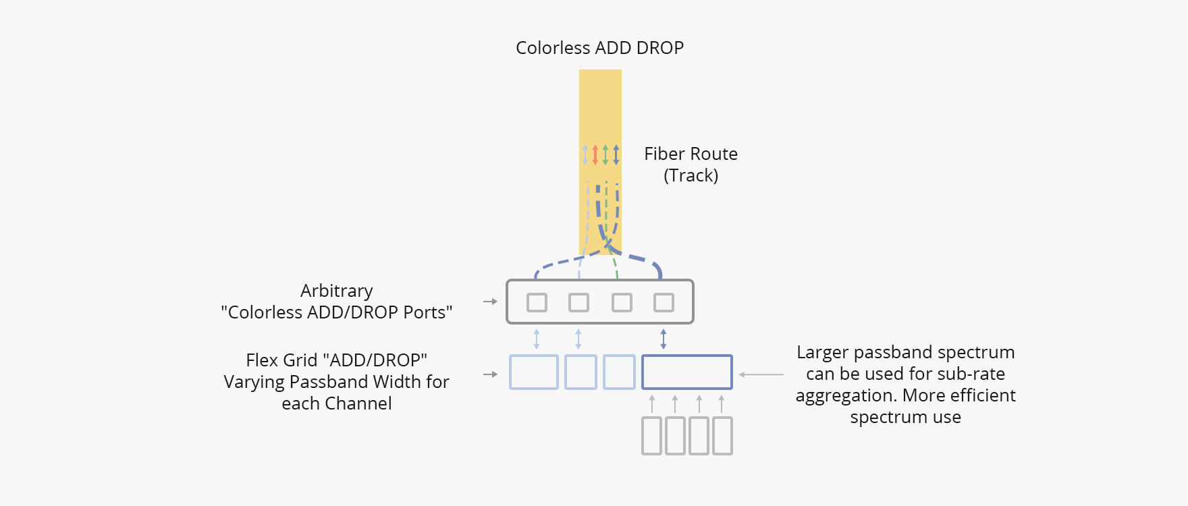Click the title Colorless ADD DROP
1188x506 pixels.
[599, 48]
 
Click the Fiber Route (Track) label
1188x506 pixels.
[691, 165]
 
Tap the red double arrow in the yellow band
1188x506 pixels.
[595, 154]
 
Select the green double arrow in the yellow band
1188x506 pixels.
[605, 154]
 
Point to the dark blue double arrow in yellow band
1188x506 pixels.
[616, 154]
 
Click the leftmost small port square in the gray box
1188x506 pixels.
[537, 302]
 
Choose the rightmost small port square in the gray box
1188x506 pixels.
[664, 302]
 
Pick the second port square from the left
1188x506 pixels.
[578, 302]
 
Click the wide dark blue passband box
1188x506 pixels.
[686, 372]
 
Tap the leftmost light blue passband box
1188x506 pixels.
[533, 372]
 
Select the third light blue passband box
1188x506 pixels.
[619, 372]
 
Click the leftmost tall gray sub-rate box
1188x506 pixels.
[651, 436]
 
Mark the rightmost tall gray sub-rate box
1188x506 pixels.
[722, 436]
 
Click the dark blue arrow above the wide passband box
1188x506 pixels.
[664, 339]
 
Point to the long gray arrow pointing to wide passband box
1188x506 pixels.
[761, 374]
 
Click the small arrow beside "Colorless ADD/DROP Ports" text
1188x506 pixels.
[490, 302]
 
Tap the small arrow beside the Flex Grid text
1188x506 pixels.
[490, 374]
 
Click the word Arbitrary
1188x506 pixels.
[336, 291]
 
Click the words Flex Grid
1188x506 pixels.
[281, 360]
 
